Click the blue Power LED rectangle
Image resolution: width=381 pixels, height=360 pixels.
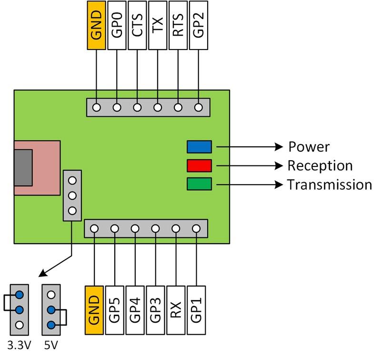[199, 146]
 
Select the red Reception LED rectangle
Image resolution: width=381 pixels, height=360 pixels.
[199, 165]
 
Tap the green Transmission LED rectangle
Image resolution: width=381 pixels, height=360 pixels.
[199, 184]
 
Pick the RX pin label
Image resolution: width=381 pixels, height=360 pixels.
[176, 310]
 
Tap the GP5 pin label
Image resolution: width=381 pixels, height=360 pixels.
[115, 310]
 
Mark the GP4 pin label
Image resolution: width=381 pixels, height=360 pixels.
[135, 310]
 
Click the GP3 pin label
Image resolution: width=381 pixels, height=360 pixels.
[156, 310]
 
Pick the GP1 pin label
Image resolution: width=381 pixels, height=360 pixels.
[196, 310]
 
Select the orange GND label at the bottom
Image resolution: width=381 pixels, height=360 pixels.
[94, 310]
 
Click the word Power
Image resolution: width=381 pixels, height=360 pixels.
[309, 147]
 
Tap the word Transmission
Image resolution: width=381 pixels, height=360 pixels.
[329, 185]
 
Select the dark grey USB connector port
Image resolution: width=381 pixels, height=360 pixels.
[23, 167]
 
